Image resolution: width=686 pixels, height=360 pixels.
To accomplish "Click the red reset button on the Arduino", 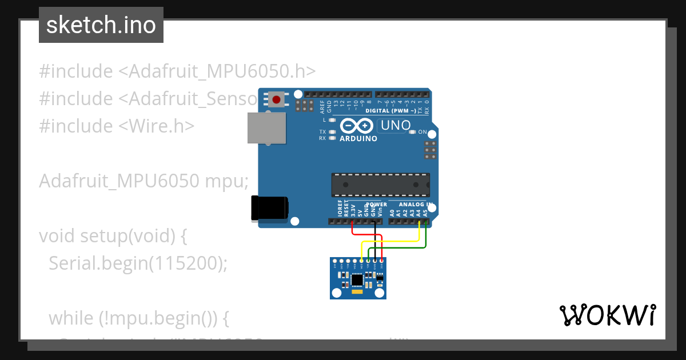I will click(x=277, y=100).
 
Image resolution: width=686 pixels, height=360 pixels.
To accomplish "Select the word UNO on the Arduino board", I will click(x=395, y=125).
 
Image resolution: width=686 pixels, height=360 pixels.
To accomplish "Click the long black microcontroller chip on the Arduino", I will click(x=380, y=185).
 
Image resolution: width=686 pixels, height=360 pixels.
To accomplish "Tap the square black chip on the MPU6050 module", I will click(x=357, y=279).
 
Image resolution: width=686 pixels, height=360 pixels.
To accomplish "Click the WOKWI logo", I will click(x=607, y=315).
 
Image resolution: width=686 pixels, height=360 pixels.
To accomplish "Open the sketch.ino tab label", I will click(x=101, y=25).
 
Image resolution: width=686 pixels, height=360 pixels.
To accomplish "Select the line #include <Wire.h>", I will click(x=117, y=125).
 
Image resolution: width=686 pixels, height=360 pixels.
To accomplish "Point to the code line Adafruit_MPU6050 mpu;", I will click(x=143, y=181).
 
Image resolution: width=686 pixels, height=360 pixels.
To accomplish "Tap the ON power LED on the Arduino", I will click(x=413, y=132).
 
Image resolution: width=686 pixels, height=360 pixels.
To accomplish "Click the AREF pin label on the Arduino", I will click(x=322, y=106).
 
